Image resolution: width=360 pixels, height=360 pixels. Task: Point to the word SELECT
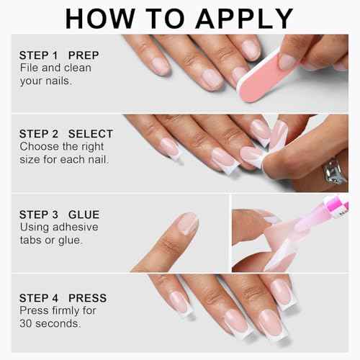90,134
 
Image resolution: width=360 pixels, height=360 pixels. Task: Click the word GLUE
84,215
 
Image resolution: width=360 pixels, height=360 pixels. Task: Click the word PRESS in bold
88,297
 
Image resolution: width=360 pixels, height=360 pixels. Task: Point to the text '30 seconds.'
51,323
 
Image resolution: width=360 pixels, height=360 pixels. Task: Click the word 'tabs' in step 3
31,240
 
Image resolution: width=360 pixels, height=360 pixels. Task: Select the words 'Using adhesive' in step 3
58,227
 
